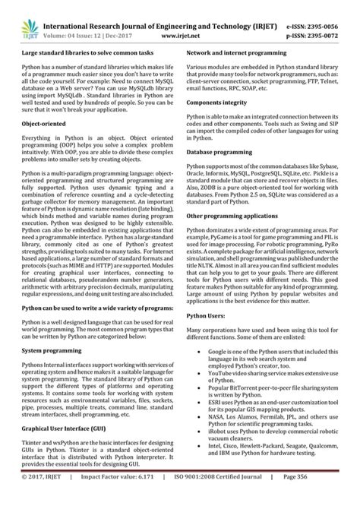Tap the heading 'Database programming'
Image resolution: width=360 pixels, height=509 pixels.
click(215, 173)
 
